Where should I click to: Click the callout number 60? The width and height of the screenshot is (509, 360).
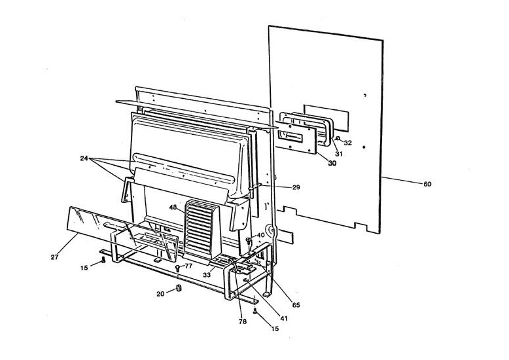click(x=427, y=184)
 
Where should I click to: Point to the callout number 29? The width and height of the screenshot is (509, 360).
click(x=296, y=187)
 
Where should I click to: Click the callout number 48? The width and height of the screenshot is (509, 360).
click(x=173, y=207)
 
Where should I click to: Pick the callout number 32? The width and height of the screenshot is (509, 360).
click(x=348, y=142)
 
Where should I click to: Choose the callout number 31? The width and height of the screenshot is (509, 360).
click(x=339, y=154)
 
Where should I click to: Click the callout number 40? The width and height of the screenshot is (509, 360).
click(x=260, y=235)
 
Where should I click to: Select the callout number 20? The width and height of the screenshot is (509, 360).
click(x=160, y=294)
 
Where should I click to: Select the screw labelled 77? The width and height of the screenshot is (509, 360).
click(x=177, y=268)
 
